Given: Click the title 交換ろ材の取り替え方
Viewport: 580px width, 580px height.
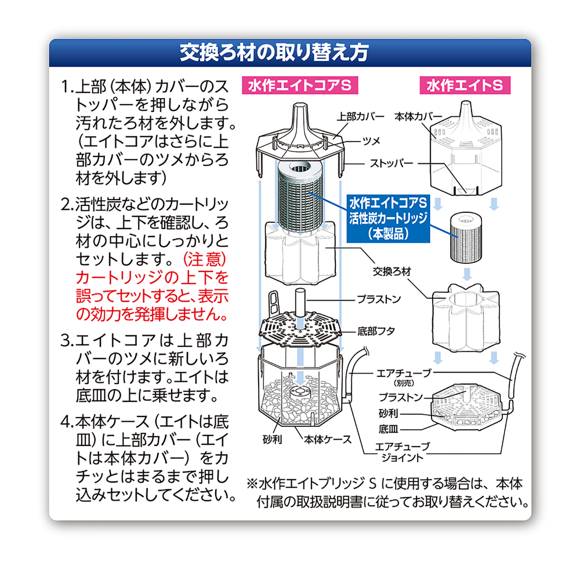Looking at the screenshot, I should (274, 52).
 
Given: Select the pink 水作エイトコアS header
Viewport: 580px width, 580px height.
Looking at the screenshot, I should (300, 86).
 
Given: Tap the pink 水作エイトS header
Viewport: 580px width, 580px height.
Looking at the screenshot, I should (464, 86).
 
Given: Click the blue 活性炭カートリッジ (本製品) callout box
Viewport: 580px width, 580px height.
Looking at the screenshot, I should (388, 218).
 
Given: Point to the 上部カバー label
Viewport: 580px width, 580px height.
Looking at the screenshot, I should (360, 116).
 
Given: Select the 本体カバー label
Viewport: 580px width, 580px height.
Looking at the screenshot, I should (418, 116).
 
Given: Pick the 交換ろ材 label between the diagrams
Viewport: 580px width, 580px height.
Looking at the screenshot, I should (391, 272).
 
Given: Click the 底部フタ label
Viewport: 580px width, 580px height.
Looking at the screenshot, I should (376, 331).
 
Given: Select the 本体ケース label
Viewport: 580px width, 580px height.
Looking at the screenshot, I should (327, 440).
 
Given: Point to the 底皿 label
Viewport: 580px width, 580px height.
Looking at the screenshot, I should (388, 429).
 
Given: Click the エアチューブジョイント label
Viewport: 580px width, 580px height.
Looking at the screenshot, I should (402, 452).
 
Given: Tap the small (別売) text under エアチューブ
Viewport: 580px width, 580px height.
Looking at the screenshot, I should (404, 383).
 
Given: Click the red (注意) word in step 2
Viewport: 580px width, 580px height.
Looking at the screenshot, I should (204, 260).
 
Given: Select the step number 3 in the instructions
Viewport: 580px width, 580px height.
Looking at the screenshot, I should (66, 341).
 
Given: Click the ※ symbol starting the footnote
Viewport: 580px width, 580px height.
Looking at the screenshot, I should (252, 483).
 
